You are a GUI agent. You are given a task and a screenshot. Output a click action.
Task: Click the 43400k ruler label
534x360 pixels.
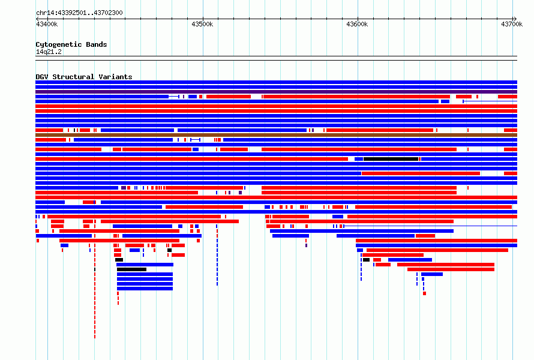(47, 24)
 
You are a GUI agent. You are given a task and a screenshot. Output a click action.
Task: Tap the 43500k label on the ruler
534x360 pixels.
(202, 24)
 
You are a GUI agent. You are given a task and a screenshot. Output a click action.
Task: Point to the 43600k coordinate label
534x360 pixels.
(357, 24)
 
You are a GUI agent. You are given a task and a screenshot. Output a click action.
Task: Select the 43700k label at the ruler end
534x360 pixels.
(512, 24)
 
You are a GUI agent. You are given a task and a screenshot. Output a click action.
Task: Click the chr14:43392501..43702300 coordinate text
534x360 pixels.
(79, 13)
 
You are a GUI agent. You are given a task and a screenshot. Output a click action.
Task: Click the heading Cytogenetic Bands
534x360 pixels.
(71, 44)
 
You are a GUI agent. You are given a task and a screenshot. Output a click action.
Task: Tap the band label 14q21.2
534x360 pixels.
(49, 52)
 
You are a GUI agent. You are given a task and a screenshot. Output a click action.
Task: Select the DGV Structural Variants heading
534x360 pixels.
(84, 77)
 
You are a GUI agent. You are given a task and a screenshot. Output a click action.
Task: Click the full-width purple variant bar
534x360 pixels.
(276, 92)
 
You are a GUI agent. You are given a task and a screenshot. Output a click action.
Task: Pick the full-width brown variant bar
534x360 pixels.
(276, 135)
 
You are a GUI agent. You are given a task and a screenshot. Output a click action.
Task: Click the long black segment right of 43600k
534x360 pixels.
(391, 159)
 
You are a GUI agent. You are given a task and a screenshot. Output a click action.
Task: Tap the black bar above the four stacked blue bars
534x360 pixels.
(132, 269)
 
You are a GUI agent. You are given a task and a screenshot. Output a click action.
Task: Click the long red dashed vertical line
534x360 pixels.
(95, 291)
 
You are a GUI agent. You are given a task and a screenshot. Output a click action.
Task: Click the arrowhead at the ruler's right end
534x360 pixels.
(515, 19)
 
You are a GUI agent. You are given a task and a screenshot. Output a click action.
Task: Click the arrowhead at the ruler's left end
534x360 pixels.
(37, 19)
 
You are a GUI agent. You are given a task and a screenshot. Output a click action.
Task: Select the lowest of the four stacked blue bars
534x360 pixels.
(145, 289)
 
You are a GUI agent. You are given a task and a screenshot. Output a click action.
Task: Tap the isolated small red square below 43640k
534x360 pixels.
(424, 293)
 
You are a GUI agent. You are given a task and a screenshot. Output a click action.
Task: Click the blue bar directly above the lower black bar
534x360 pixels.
(145, 265)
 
